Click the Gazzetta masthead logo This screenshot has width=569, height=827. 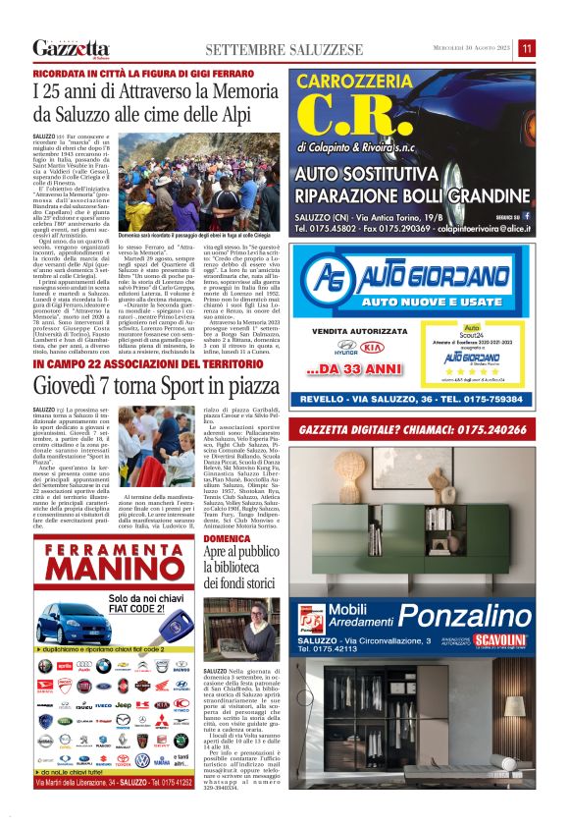point(71,48)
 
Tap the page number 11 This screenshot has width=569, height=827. point(527,48)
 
